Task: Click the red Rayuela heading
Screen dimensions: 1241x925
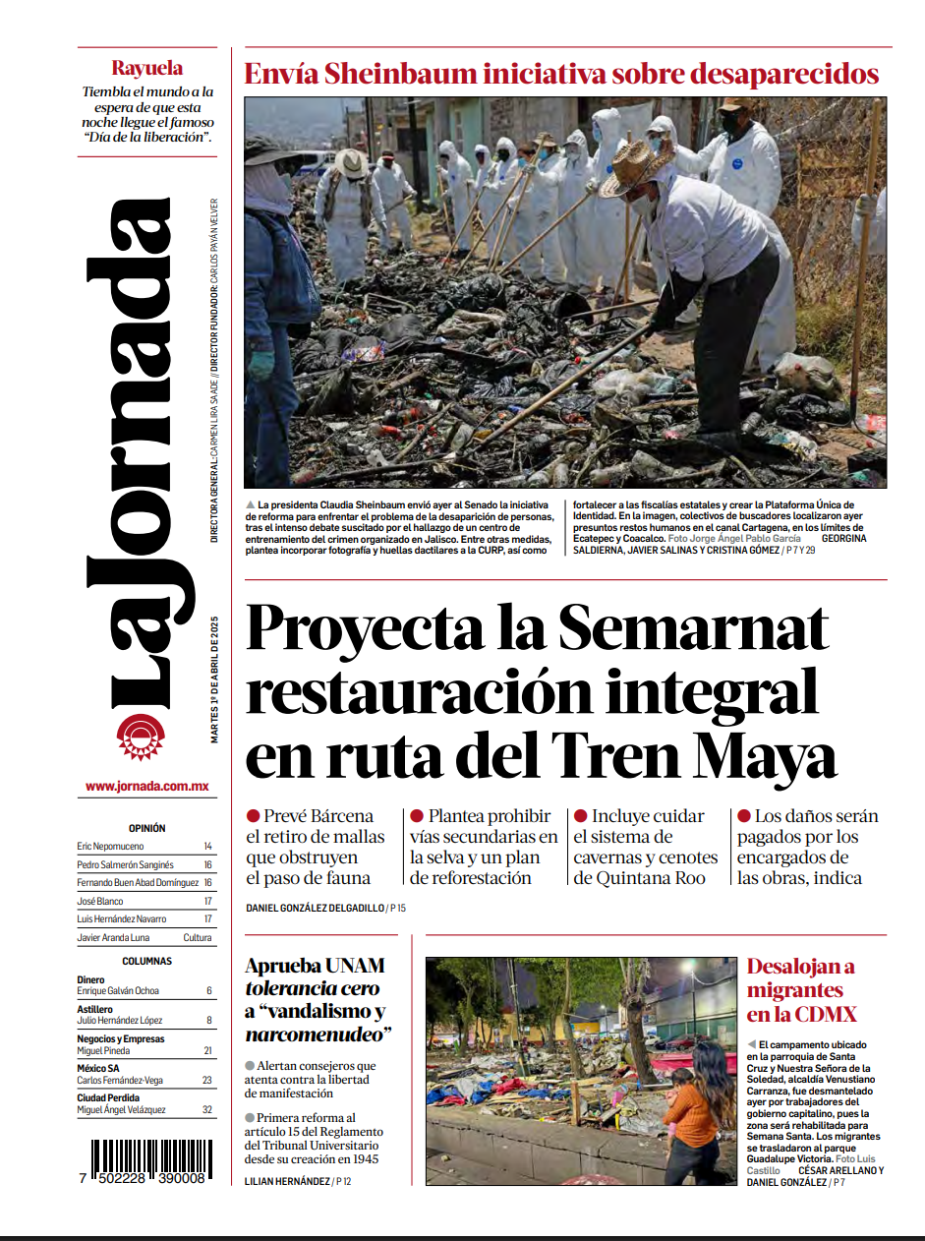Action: pyautogui.click(x=146, y=69)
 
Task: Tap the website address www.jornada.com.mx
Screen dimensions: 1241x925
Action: pyautogui.click(x=146, y=786)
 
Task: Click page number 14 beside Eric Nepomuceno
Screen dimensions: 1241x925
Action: pyautogui.click(x=207, y=846)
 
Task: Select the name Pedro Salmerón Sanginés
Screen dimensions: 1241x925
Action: pyautogui.click(x=125, y=864)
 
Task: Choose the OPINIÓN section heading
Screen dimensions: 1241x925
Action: pyautogui.click(x=146, y=828)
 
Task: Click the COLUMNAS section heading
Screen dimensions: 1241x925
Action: pyautogui.click(x=146, y=961)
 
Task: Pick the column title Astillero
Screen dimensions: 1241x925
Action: pyautogui.click(x=94, y=1009)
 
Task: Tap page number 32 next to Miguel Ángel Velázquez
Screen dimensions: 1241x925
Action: pyautogui.click(x=206, y=1109)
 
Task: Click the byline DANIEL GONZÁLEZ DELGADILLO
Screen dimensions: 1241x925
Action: pyautogui.click(x=314, y=908)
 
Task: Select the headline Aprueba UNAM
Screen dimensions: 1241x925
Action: pyautogui.click(x=315, y=965)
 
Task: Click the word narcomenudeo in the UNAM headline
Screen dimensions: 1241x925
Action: pyautogui.click(x=314, y=1034)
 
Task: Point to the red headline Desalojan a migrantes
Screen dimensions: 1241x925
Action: pyautogui.click(x=801, y=989)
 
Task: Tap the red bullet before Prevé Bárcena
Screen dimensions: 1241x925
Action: pyautogui.click(x=253, y=816)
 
